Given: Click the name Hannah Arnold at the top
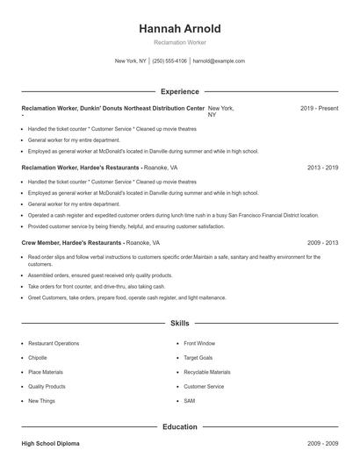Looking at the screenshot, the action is tap(180, 29).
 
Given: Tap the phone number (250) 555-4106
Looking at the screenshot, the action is tap(169, 61).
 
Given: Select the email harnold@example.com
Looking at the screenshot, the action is tap(219, 61).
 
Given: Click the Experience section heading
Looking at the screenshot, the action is tap(180, 91).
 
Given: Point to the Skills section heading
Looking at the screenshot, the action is tap(180, 324).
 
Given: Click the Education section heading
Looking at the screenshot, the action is tap(180, 426).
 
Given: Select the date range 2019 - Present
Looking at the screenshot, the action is tap(320, 108).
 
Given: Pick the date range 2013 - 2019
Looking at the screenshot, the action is tap(323, 167).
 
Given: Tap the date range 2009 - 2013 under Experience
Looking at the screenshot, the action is tap(323, 241).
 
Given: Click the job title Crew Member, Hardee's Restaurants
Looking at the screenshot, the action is tap(72, 241).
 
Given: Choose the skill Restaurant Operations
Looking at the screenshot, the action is tap(54, 344).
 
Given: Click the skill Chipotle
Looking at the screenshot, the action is tap(39, 358).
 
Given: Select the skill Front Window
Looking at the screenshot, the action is tap(199, 344).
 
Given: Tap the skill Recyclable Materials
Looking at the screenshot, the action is tap(207, 372).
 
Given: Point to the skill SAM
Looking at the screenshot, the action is tap(190, 400).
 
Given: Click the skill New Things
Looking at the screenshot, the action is tap(41, 400).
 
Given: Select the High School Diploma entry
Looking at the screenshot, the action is tap(50, 445).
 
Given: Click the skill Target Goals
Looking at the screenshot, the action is tap(199, 358).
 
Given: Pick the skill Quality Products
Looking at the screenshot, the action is tap(47, 386).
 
